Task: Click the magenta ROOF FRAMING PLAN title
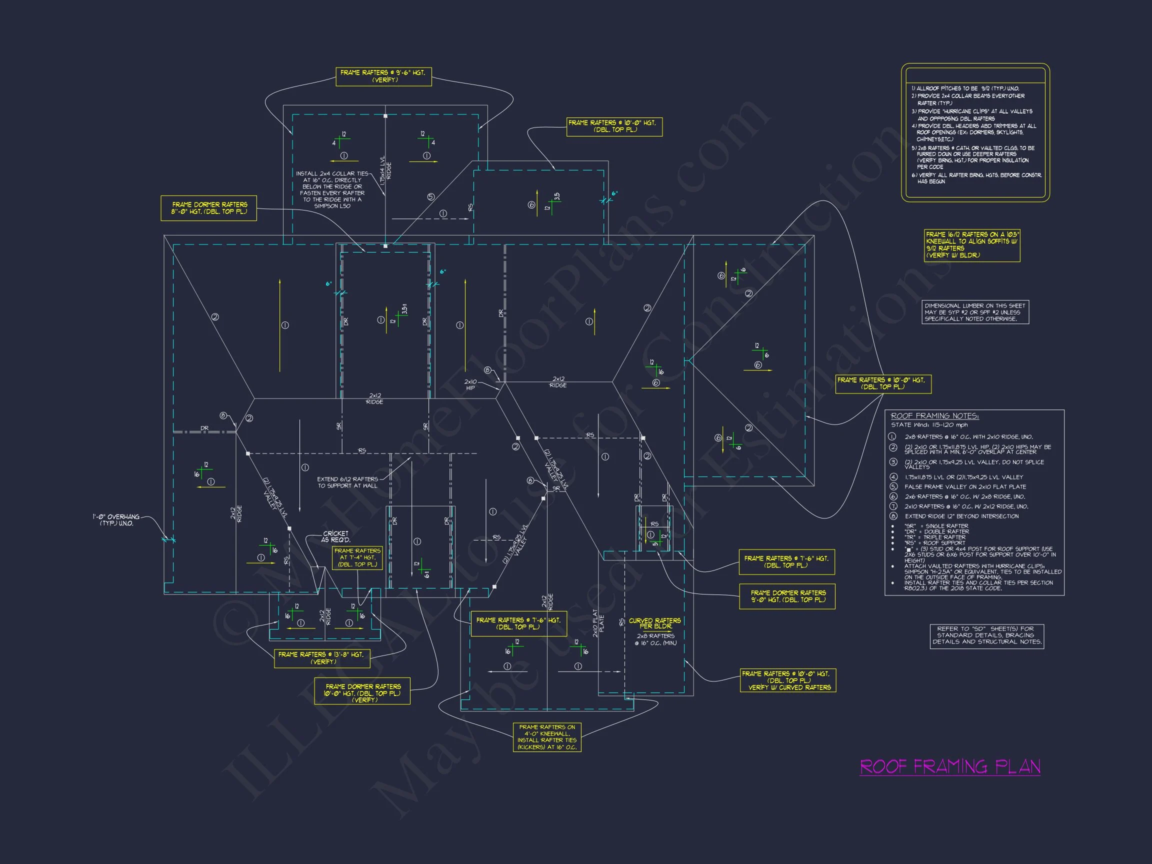pyautogui.click(x=949, y=766)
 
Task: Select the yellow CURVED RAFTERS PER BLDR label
pyautogui.click(x=654, y=623)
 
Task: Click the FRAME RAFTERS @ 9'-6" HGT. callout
pyautogui.click(x=383, y=76)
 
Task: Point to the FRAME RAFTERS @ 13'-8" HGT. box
pyautogui.click(x=321, y=658)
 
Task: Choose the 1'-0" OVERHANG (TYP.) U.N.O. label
pyautogui.click(x=116, y=520)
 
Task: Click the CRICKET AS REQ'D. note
pyautogui.click(x=335, y=536)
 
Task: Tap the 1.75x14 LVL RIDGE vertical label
pyautogui.click(x=385, y=170)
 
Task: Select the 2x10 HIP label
pyautogui.click(x=470, y=385)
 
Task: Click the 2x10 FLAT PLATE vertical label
pyautogui.click(x=598, y=623)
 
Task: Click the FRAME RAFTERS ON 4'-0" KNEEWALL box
pyautogui.click(x=547, y=737)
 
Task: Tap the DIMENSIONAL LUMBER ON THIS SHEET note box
pyautogui.click(x=975, y=312)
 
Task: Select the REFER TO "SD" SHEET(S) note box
pyautogui.click(x=987, y=635)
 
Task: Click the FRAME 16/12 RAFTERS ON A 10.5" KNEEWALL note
pyautogui.click(x=972, y=245)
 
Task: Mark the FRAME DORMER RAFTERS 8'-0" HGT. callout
pyautogui.click(x=209, y=208)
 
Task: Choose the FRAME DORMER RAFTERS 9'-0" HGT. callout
pyautogui.click(x=787, y=596)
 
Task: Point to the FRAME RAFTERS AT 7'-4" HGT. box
pyautogui.click(x=357, y=557)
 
